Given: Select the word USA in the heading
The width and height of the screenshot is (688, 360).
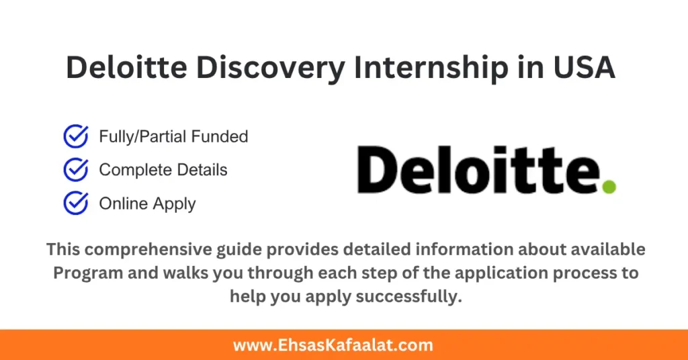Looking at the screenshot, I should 582,69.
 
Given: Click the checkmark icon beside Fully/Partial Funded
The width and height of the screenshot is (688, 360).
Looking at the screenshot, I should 75,136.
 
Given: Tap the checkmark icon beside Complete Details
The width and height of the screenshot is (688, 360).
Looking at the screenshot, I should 75,169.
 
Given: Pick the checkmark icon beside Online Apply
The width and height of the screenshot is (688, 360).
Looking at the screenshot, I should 75,203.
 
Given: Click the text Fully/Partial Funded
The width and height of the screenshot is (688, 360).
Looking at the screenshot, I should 173,136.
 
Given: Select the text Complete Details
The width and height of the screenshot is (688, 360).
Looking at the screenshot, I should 163,170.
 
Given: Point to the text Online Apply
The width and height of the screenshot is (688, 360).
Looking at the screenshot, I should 147,204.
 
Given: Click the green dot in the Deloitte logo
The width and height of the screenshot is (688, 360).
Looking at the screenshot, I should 609,187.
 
